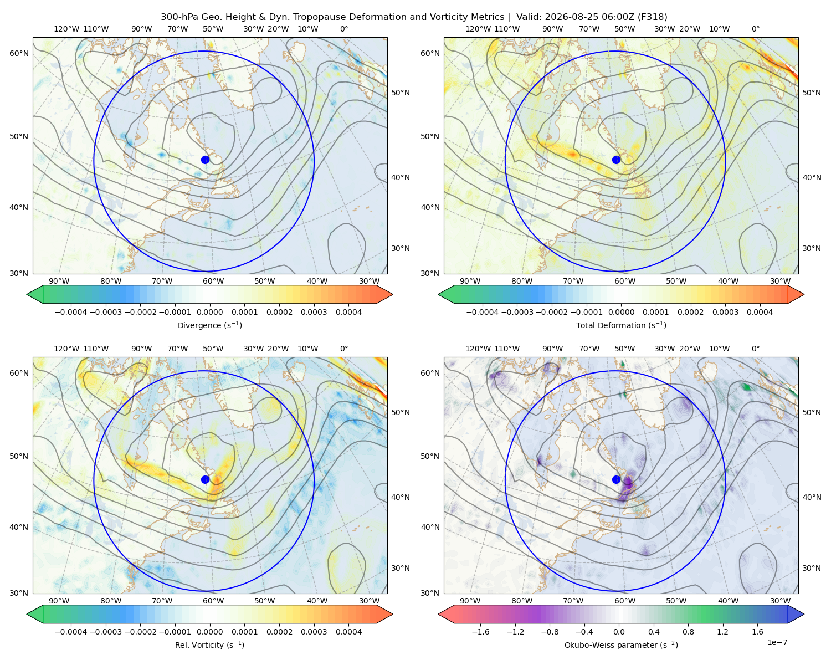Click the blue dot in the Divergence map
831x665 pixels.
tap(205, 160)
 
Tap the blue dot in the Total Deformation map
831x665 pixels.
tap(616, 160)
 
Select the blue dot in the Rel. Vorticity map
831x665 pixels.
tap(205, 479)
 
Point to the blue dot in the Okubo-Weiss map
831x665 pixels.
tap(616, 479)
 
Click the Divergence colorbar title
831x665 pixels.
tap(209, 325)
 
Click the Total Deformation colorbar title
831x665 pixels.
tap(621, 325)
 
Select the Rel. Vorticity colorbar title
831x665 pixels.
tap(209, 644)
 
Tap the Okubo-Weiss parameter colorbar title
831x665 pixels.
tap(621, 644)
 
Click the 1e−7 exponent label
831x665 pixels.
tap(777, 642)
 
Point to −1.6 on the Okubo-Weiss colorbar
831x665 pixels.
tap(480, 631)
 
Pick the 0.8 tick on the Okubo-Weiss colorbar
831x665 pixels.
tap(688, 631)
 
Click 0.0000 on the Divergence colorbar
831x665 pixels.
tap(209, 312)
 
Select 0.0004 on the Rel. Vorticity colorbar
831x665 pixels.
tap(348, 631)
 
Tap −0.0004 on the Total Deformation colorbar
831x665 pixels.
tap(482, 312)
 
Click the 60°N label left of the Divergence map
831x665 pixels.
tap(19, 53)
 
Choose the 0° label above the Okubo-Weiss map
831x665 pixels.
tap(755, 349)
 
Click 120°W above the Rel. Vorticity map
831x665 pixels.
tap(66, 349)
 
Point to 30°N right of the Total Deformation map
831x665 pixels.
tap(811, 248)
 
